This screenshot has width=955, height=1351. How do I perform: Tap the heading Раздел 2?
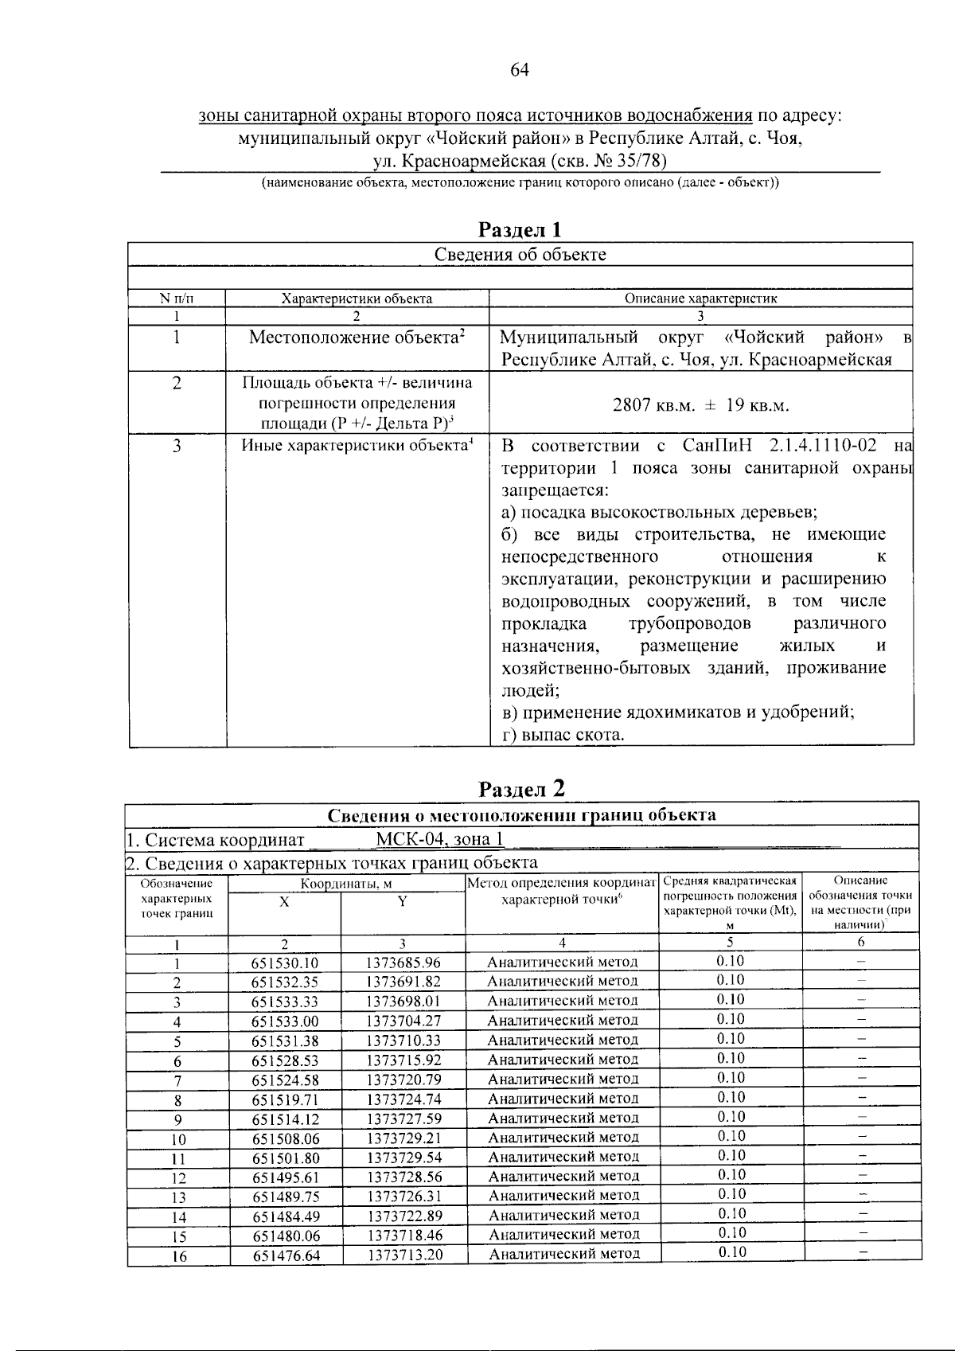point(521,788)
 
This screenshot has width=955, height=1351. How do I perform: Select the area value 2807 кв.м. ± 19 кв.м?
point(700,405)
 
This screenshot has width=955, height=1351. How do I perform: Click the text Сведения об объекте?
point(520,255)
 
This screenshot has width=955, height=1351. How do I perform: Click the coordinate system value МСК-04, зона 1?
point(439,840)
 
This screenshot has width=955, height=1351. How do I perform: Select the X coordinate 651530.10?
point(285,962)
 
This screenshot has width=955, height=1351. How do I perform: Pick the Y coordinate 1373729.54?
point(403,1157)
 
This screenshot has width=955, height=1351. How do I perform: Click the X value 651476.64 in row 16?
point(286,1255)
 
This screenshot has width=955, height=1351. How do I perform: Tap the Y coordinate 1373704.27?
point(403,1021)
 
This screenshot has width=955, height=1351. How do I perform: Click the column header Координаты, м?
point(346,884)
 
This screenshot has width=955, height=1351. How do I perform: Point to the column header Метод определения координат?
point(562,883)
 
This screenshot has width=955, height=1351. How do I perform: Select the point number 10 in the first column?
point(178,1139)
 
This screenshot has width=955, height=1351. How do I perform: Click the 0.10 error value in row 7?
point(731,1078)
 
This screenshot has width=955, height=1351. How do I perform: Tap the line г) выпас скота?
point(563,735)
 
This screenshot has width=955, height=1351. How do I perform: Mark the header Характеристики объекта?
point(357,299)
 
